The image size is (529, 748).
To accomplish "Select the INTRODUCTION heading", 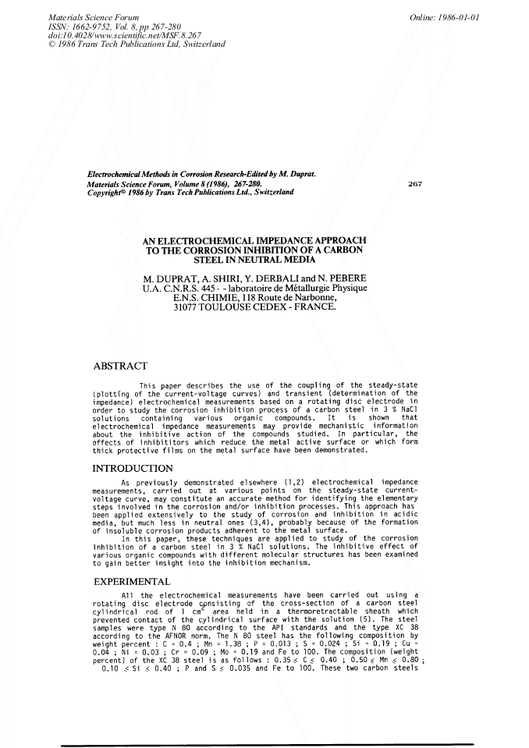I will pos(133,469).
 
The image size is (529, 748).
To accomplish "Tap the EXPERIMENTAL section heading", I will pos(131,582).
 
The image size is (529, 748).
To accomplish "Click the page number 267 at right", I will pos(416,183).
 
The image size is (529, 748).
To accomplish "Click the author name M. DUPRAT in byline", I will pos(173,278).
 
